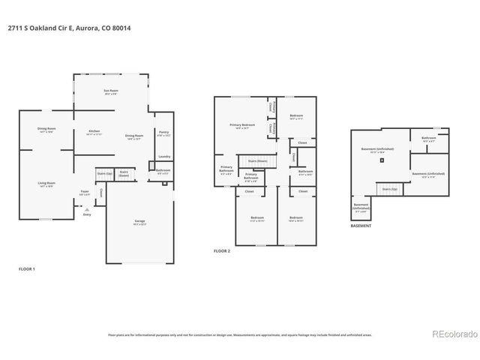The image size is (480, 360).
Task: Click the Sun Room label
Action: point(111,91)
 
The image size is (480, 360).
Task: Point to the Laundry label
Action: point(163,157)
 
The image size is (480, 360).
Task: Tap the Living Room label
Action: point(46,184)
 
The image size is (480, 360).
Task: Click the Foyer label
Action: point(85,193)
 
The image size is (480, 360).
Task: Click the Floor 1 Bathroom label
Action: point(163,171)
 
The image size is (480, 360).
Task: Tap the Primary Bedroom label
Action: point(242,125)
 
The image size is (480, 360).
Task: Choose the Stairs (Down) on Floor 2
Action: point(258,160)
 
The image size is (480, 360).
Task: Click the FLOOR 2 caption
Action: point(222,250)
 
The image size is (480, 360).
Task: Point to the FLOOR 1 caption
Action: point(27,268)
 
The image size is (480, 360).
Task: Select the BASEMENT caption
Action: point(361,224)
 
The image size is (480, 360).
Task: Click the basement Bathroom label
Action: point(429,139)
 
